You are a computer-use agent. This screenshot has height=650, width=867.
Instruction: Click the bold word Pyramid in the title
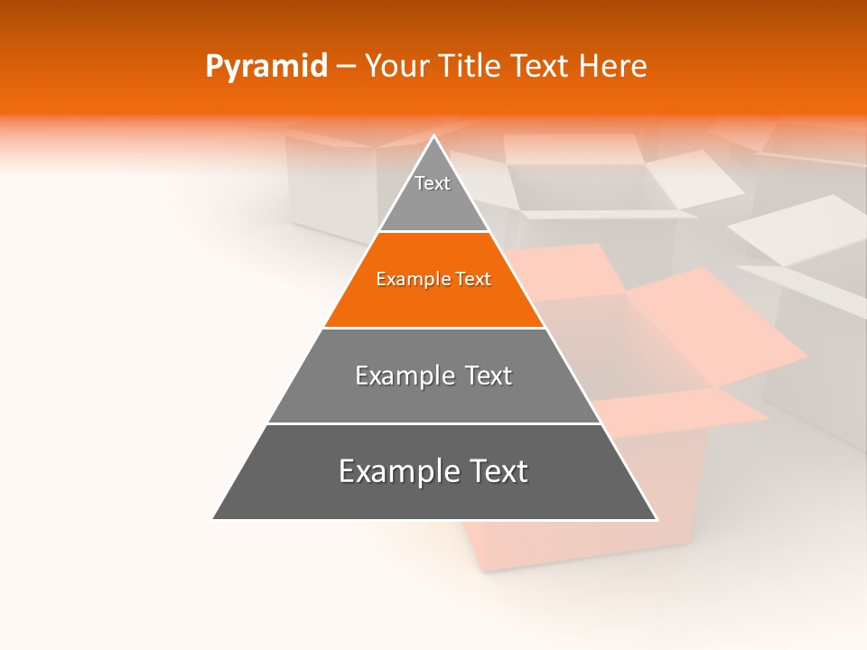(x=266, y=67)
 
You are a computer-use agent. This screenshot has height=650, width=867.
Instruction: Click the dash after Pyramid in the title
(x=345, y=67)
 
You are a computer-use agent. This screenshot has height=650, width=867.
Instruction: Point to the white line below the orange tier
(x=433, y=328)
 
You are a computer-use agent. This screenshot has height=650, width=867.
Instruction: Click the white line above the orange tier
(x=433, y=232)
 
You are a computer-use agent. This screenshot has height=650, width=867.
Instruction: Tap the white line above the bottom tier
(x=433, y=423)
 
